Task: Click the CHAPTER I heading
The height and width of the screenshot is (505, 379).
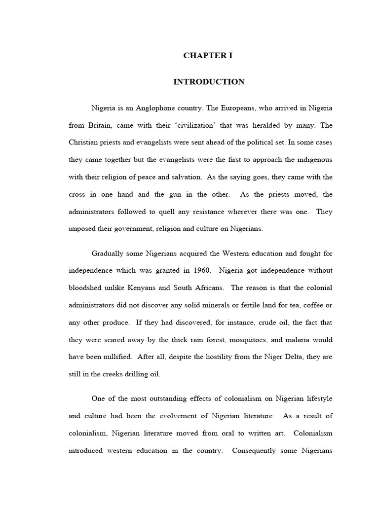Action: [x=208, y=56]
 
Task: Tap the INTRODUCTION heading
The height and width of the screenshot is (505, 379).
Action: [x=209, y=82]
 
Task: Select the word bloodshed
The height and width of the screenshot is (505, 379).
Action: [x=86, y=288]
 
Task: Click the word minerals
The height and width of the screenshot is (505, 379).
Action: [x=223, y=305]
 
